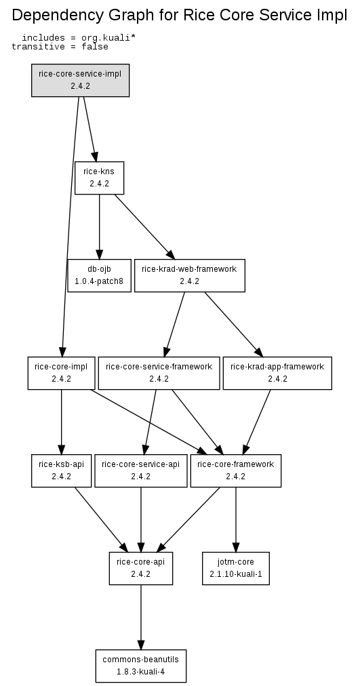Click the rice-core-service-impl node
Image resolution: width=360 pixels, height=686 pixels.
coord(80,80)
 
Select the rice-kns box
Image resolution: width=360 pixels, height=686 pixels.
coord(99,178)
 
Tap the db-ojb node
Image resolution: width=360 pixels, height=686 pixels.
coord(99,275)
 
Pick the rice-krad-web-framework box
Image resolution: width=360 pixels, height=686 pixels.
coord(189,275)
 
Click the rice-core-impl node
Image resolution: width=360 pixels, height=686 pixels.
coord(61,373)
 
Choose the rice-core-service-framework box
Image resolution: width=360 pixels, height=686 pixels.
coord(159,373)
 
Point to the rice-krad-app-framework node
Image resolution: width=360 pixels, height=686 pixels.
coord(277,373)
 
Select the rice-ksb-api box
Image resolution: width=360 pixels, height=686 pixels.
coord(61,470)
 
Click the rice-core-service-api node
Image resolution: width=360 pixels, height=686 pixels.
coord(141,470)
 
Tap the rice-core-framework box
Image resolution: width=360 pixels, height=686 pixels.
coord(236,470)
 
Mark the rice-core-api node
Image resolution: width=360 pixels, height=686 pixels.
coord(141,568)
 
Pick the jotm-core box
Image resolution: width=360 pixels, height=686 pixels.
coord(236,568)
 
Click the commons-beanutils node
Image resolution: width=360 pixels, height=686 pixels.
coord(141,666)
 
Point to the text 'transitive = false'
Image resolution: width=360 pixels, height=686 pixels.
coord(60,47)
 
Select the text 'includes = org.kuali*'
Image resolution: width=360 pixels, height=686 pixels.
coord(79,38)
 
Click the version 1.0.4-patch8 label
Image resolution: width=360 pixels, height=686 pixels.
coord(102,281)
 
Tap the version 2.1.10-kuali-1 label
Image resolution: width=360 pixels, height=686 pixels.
coord(236,574)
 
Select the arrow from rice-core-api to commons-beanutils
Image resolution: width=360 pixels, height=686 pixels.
coord(141,617)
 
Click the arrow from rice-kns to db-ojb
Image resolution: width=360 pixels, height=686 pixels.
coord(99,226)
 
